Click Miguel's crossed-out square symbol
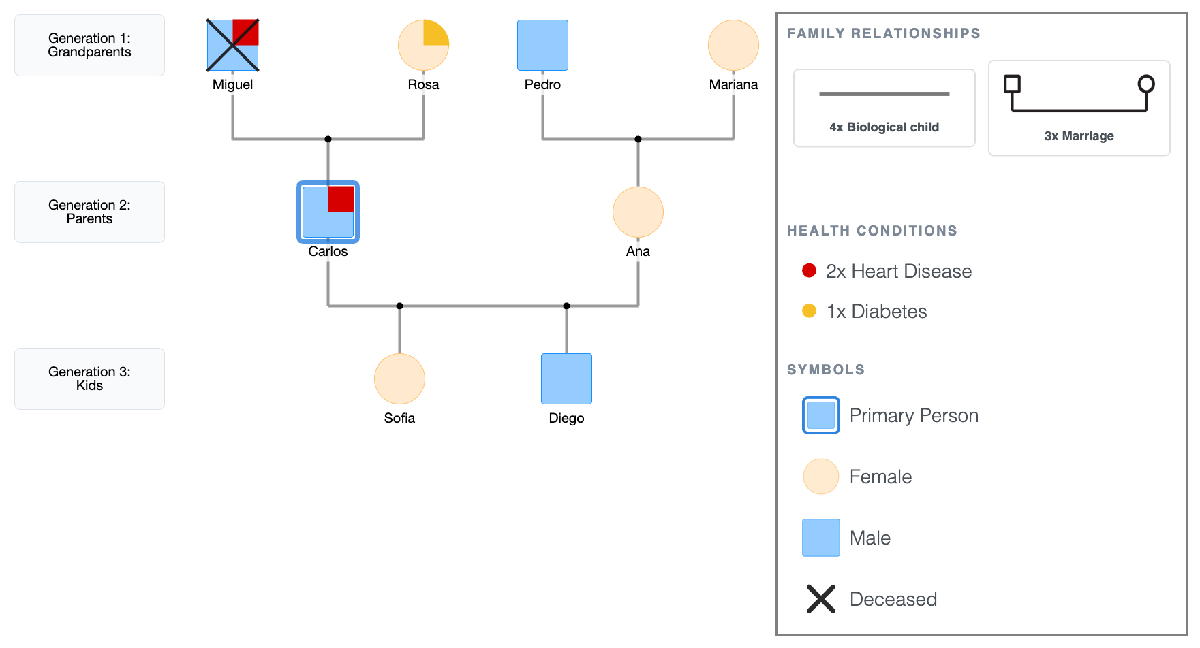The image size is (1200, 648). click(232, 46)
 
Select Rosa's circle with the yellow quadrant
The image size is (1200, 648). click(423, 46)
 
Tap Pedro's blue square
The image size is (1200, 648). click(542, 46)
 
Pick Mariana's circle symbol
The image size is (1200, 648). click(733, 46)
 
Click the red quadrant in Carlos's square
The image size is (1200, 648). click(341, 199)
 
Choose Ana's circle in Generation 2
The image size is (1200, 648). click(638, 212)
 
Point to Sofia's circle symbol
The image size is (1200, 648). click(399, 379)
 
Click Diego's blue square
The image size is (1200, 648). click(566, 379)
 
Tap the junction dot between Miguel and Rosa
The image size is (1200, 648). click(328, 139)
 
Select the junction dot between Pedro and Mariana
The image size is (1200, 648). click(638, 139)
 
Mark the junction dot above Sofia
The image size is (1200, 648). click(399, 306)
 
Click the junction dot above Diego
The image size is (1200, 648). click(566, 306)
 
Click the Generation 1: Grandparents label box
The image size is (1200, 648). click(89, 46)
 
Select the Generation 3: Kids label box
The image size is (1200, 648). click(89, 379)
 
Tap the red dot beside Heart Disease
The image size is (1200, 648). click(809, 271)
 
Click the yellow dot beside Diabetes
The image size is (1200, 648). click(809, 311)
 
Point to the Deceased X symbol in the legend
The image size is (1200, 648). click(820, 599)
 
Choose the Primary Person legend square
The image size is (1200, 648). click(820, 415)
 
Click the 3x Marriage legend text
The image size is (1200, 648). click(1079, 136)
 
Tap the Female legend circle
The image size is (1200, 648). click(820, 476)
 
